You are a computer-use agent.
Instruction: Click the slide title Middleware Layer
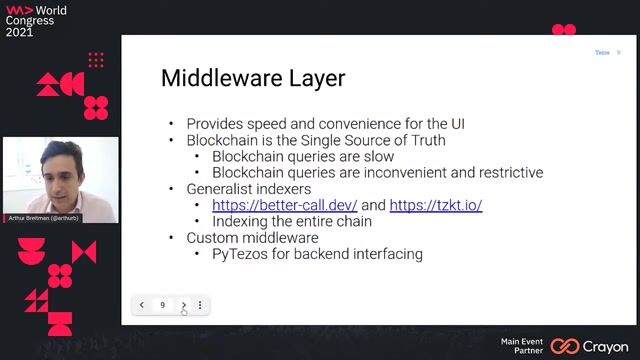pos(253,78)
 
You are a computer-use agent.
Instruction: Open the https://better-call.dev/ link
pos(284,205)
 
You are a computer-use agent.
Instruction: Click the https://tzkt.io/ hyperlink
pos(435,205)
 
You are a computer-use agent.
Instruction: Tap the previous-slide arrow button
pos(142,305)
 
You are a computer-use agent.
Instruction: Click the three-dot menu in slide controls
pos(200,305)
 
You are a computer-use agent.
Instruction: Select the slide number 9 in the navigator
pos(163,305)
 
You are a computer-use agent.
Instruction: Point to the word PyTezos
pos(238,254)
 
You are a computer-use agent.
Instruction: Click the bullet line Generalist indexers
pos(248,189)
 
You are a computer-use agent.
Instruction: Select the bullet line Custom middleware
pos(252,238)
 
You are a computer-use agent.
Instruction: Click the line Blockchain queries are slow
pos(303,156)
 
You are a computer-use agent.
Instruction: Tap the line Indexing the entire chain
pos(292,221)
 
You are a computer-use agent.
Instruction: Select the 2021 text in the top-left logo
pos(19,32)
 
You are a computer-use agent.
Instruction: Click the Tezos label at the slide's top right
pos(602,52)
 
